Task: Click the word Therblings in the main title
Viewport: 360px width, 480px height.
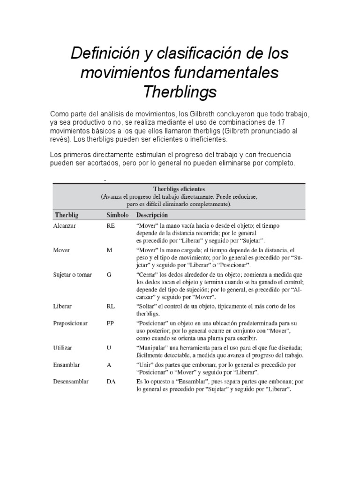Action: [x=180, y=92]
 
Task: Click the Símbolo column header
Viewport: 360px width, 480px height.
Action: [x=117, y=216]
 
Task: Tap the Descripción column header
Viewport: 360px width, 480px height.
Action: [x=151, y=216]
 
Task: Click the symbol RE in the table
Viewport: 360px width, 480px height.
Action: [x=111, y=225]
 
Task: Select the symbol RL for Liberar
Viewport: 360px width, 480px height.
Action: [x=111, y=306]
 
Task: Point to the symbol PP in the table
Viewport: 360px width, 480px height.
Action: [x=111, y=323]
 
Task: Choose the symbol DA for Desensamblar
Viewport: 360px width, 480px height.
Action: [x=111, y=382]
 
